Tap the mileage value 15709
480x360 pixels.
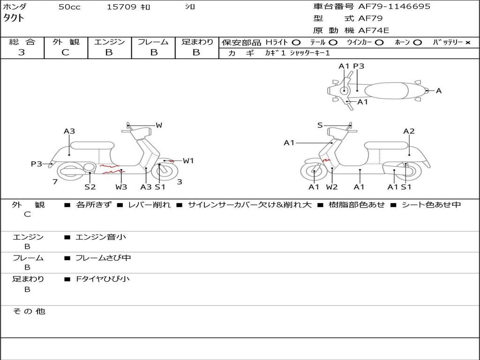[121, 7]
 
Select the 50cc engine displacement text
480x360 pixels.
[69, 7]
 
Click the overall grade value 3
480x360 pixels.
[22, 52]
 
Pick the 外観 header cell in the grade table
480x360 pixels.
[66, 42]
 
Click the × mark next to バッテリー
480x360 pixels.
[467, 43]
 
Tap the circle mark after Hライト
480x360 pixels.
[296, 43]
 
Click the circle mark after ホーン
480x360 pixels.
[417, 43]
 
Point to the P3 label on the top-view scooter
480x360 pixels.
[359, 67]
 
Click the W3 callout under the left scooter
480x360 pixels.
[121, 187]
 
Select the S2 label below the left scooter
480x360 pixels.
[90, 187]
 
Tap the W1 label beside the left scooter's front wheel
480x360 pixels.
[188, 161]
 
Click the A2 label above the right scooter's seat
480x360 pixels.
[409, 131]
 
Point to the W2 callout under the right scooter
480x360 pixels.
[332, 187]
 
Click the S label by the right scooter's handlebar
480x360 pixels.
[320, 125]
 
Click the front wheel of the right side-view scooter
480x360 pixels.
[314, 172]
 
